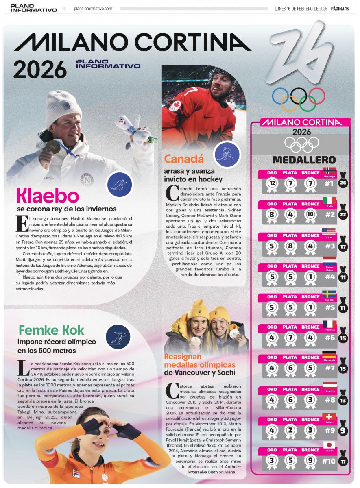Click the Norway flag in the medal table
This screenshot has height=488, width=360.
(328, 170)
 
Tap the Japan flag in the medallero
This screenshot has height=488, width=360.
(329, 444)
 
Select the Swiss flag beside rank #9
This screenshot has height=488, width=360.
(329, 417)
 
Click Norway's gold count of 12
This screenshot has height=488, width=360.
(272, 184)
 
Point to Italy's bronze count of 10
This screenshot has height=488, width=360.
(310, 215)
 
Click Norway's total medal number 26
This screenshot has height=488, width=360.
(344, 183)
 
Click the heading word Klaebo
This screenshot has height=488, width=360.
(47, 196)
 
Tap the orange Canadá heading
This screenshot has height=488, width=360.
(184, 159)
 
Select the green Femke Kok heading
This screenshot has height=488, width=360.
(51, 330)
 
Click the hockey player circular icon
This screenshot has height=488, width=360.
(227, 154)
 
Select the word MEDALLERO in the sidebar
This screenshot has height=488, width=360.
(303, 160)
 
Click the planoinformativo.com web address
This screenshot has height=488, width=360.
(93, 9)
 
